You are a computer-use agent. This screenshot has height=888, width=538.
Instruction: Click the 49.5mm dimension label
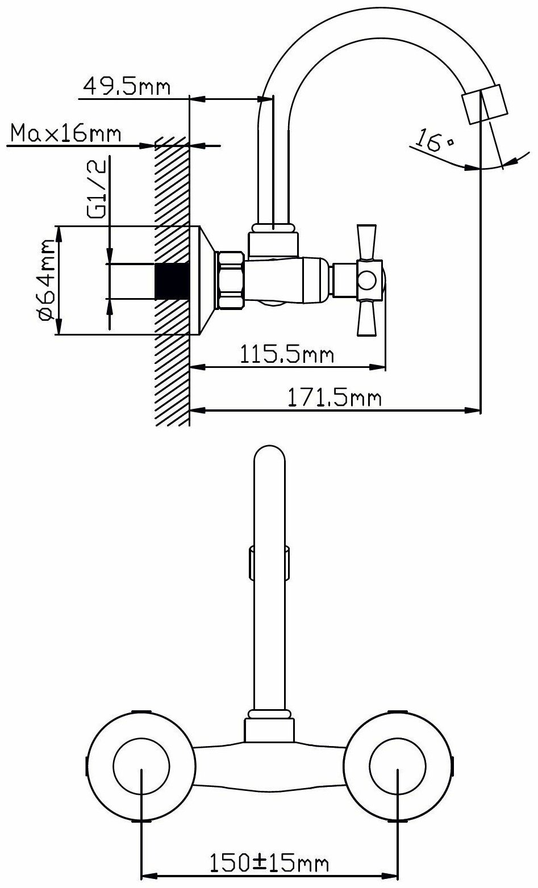click(127, 86)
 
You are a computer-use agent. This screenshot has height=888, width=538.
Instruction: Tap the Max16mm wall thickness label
click(66, 133)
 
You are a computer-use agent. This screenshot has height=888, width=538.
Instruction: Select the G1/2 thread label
click(97, 189)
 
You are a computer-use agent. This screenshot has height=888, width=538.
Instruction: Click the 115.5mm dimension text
click(287, 354)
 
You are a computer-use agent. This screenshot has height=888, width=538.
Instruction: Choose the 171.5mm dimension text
click(334, 397)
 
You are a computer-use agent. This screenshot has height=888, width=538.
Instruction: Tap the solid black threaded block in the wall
click(172, 281)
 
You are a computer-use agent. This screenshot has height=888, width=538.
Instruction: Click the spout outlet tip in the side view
click(485, 104)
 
